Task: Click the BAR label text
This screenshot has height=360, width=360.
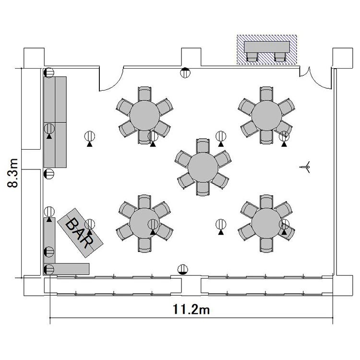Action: (x=80, y=233)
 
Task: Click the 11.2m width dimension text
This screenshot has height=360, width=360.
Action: (x=191, y=310)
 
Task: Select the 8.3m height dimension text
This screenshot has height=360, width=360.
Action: (x=12, y=173)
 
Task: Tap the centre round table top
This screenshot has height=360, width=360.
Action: (x=203, y=168)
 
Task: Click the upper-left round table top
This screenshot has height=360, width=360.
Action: (x=144, y=116)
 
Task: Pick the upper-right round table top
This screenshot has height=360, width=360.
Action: (x=266, y=116)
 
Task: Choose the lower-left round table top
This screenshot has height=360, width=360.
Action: (x=144, y=223)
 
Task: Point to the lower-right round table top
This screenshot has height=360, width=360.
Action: (x=266, y=223)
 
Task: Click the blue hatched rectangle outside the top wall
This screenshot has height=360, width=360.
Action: (x=267, y=49)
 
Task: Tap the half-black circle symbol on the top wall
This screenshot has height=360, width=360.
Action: (x=185, y=72)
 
